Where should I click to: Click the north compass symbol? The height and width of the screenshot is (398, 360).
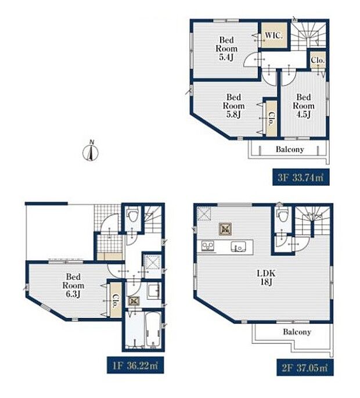91,152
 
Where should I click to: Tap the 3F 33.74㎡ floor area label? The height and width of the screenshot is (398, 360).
301,177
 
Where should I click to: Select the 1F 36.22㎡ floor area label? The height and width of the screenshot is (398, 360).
135,365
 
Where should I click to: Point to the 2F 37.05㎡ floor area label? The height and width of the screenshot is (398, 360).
305,368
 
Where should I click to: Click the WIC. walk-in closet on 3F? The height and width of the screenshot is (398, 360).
274,35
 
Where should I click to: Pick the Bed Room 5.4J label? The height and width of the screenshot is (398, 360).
226,48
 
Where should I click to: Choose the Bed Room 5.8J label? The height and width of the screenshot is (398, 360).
233,106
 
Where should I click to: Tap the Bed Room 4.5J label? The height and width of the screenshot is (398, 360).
304,106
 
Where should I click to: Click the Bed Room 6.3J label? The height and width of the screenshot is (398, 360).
73,285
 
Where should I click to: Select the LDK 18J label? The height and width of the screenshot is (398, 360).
266,277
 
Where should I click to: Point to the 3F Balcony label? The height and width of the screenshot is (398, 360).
290,149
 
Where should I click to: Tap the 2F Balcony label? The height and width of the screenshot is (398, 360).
297,332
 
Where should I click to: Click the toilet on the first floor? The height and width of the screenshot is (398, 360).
133,215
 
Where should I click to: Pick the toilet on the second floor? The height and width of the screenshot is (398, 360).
283,215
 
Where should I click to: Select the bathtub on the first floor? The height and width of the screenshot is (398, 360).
153,329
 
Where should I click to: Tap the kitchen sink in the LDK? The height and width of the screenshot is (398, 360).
238,246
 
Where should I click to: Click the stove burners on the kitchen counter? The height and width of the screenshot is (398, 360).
208,246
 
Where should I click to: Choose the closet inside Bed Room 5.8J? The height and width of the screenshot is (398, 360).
271,119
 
